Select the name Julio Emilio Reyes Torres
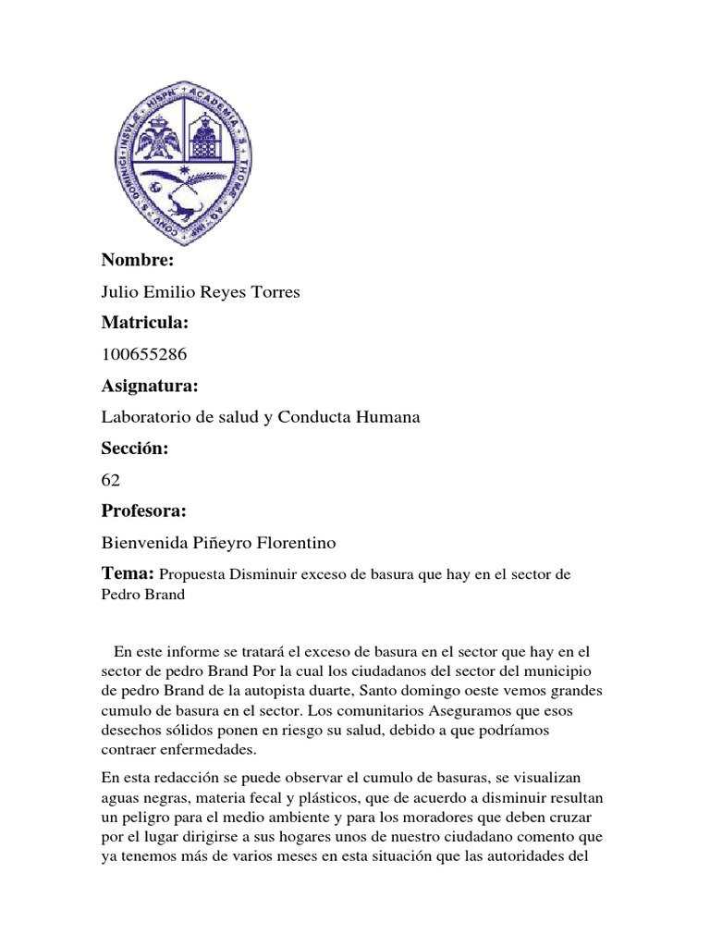pyautogui.click(x=201, y=292)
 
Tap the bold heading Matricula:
pyautogui.click(x=144, y=323)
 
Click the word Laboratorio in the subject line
pyautogui.click(x=144, y=417)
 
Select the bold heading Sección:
pyautogui.click(x=134, y=449)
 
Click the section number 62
pyautogui.click(x=110, y=480)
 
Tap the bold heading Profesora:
pyautogui.click(x=144, y=511)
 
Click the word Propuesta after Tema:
pyautogui.click(x=199, y=575)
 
